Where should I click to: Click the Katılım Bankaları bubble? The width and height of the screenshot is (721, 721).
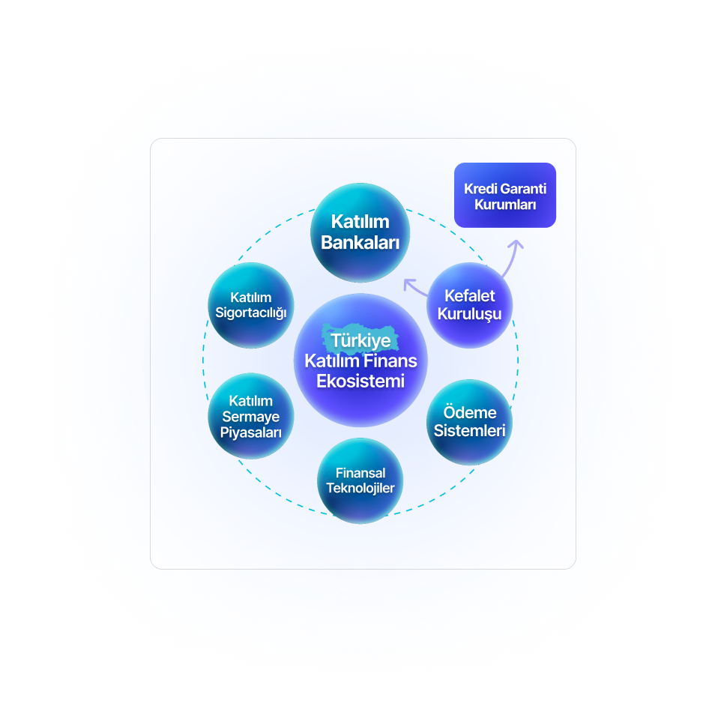(360, 232)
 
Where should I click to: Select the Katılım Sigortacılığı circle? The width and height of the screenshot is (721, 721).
(250, 305)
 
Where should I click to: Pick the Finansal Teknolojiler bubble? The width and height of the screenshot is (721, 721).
(360, 480)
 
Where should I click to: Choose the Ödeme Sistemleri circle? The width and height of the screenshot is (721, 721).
(470, 422)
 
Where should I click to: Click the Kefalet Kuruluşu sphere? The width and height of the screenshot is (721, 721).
(470, 304)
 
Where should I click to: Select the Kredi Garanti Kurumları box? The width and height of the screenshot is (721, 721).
(505, 195)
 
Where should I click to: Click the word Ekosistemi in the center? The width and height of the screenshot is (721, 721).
(360, 381)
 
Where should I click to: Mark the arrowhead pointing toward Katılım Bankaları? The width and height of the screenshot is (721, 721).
(408, 284)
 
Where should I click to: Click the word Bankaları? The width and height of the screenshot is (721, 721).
(360, 243)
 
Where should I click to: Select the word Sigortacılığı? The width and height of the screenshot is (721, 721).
(251, 313)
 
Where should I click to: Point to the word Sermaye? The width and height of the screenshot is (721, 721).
(251, 417)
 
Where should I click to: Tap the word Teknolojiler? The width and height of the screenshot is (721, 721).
(360, 488)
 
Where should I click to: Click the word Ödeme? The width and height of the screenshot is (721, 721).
(470, 413)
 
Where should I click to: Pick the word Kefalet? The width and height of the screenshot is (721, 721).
(470, 295)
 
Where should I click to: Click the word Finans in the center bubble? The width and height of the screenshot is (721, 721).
(391, 361)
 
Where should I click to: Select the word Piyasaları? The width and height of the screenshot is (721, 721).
(251, 432)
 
